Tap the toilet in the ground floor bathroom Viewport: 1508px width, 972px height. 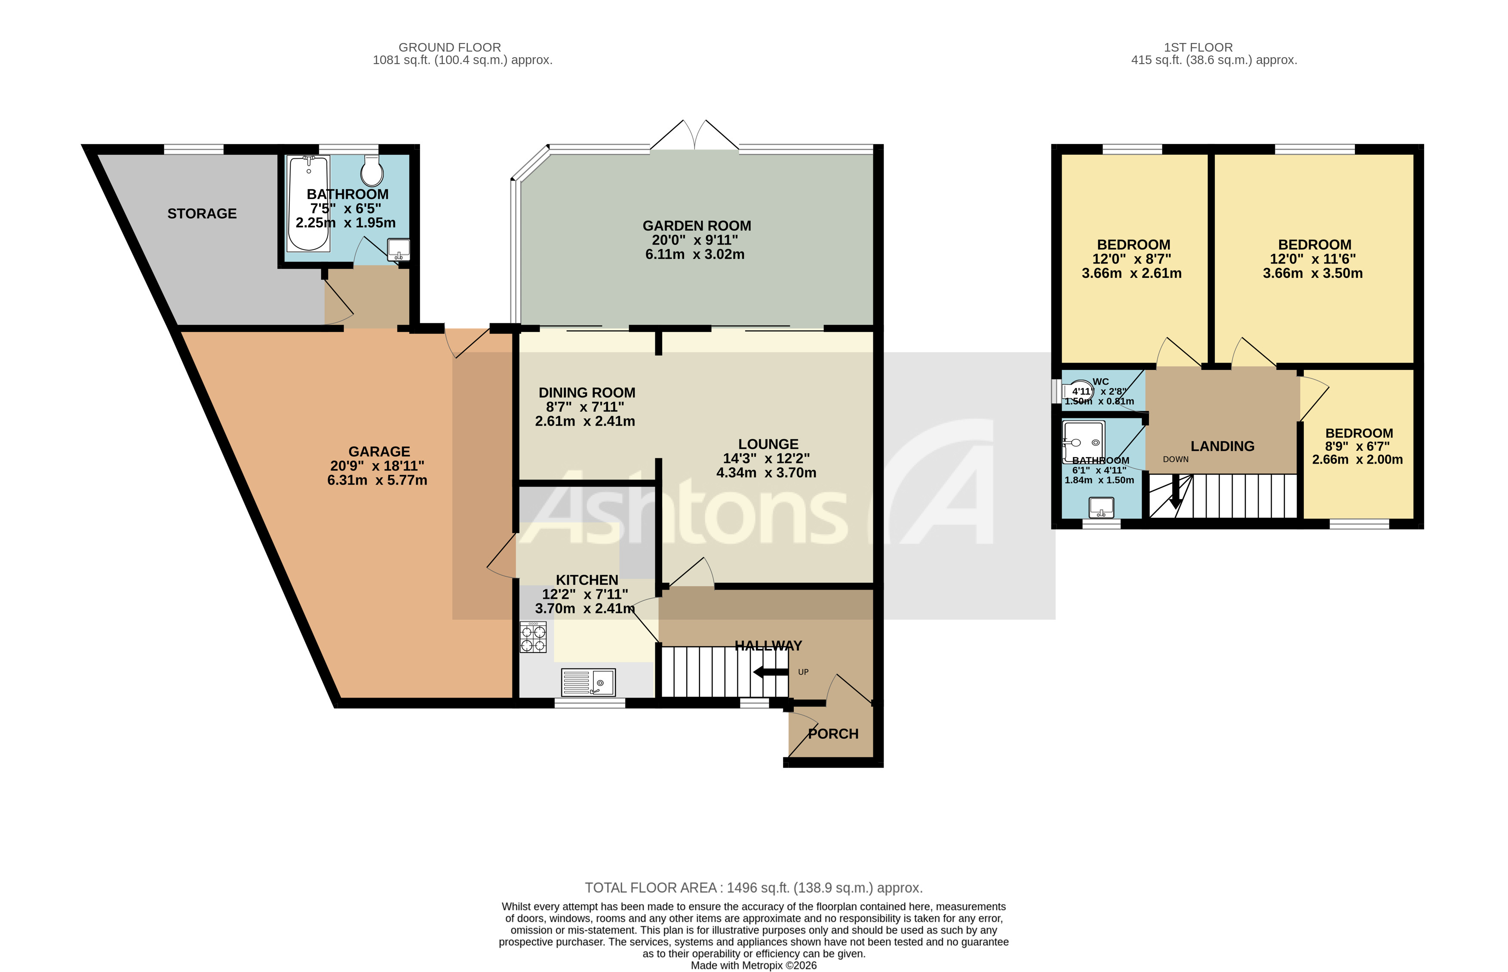click(x=372, y=169)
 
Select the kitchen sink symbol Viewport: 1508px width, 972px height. click(x=588, y=682)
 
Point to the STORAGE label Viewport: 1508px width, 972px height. click(x=202, y=214)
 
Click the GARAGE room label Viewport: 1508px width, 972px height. click(x=379, y=452)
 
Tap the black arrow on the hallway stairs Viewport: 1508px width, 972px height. click(x=770, y=672)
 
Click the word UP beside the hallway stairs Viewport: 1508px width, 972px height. click(x=803, y=672)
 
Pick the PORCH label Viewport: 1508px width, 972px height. click(x=833, y=734)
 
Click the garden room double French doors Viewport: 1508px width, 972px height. click(x=694, y=136)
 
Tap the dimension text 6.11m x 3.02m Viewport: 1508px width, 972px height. click(x=695, y=254)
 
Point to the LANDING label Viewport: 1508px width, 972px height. click(x=1222, y=446)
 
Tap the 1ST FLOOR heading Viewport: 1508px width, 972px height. click(x=1198, y=47)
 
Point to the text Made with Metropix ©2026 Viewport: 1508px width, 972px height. click(x=753, y=965)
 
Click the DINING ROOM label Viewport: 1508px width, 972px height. click(x=587, y=393)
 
